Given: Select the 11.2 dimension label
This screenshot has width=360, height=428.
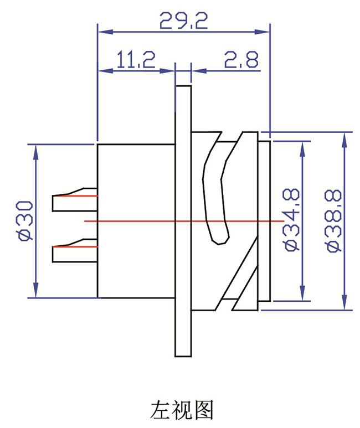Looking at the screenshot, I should [x=136, y=59].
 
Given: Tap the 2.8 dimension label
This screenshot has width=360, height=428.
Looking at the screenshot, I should [x=241, y=59].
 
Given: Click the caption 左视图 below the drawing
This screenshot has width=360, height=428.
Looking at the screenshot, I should [x=182, y=410].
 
